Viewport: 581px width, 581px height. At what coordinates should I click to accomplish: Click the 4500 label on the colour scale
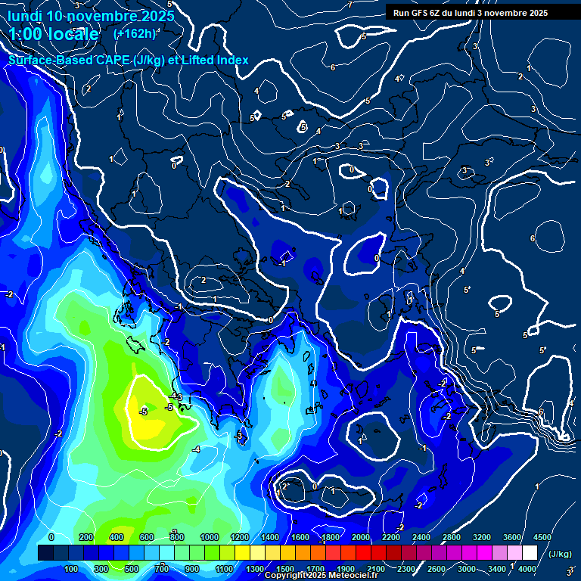click(x=542, y=537)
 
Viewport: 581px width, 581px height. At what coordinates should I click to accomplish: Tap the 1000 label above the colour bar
click(x=210, y=537)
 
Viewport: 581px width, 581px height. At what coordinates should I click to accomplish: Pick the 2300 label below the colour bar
click(x=406, y=569)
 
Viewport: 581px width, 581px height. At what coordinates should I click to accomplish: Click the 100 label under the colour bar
click(x=72, y=569)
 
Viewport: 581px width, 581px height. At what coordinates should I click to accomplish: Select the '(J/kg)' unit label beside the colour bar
click(x=560, y=554)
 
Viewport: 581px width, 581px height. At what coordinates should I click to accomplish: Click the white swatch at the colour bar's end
click(x=529, y=554)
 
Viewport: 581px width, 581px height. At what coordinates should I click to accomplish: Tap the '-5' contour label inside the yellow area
click(x=143, y=412)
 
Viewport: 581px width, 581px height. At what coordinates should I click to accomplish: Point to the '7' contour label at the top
click(x=350, y=5)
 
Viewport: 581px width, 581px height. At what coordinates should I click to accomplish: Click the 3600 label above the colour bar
click(x=512, y=537)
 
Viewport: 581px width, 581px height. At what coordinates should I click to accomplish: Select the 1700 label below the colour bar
click(x=315, y=569)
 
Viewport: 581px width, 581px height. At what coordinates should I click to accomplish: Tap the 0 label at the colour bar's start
click(x=51, y=537)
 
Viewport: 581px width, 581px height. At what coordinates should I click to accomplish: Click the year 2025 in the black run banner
click(x=538, y=12)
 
